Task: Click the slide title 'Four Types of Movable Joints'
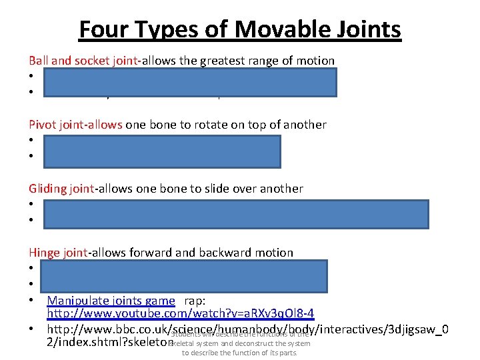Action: click(x=240, y=30)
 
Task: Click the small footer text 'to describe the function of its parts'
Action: click(x=239, y=353)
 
